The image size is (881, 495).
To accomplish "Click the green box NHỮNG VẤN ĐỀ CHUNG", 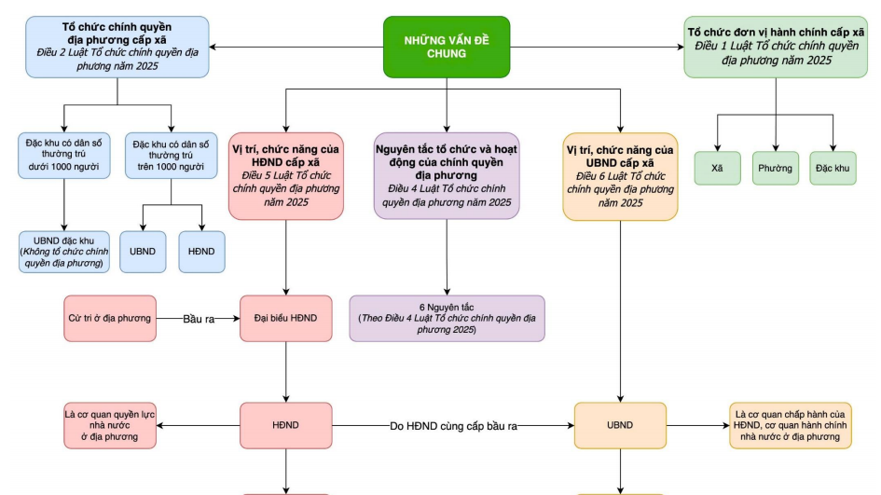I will click(447, 47).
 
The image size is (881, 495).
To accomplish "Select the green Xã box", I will click(717, 169).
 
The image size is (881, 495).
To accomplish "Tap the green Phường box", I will click(776, 169).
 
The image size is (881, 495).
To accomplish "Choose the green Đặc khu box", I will click(833, 169).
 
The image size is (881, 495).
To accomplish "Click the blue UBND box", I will click(143, 252).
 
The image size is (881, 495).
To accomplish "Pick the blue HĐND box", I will click(201, 252).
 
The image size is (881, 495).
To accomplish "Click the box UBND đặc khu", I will click(64, 252).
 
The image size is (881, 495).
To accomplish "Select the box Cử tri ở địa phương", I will click(110, 319).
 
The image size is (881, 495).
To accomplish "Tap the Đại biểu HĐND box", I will click(285, 319).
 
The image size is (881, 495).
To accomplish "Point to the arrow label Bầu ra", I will click(199, 319).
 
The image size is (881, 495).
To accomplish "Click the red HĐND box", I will click(285, 425).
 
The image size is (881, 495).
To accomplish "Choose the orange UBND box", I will click(620, 425).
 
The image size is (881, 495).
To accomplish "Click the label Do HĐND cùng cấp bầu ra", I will click(453, 425).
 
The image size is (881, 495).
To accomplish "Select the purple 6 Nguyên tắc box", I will click(447, 319).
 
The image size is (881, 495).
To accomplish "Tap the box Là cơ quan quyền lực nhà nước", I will click(110, 425).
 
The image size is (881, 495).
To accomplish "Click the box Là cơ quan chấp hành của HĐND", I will click(790, 425).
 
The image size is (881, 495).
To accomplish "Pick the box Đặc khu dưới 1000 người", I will click(64, 156).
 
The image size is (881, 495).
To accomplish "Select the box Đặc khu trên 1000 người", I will click(171, 156).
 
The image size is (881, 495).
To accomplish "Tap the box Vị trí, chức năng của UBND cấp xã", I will click(620, 176).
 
